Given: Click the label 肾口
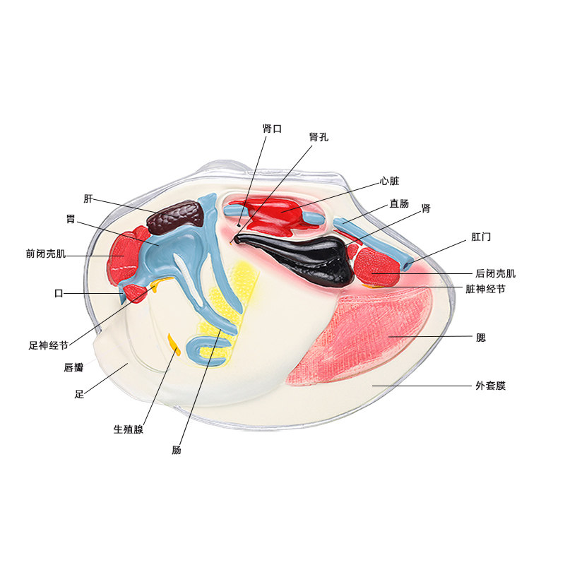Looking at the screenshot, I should [x=272, y=129].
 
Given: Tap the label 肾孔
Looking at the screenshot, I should [x=319, y=137].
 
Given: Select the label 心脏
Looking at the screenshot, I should [x=389, y=181].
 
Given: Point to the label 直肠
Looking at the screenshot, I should [x=399, y=203].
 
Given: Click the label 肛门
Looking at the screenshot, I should [x=481, y=237].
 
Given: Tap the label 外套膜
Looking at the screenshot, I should [x=491, y=386].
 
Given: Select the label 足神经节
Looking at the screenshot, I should [x=48, y=346].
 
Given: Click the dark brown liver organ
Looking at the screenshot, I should [x=173, y=217].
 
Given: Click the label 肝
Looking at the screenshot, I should [x=88, y=198].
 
